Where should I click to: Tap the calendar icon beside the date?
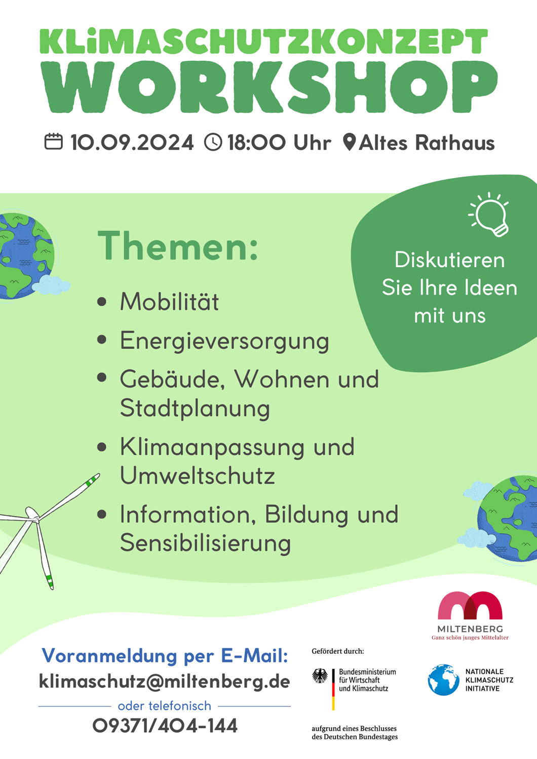click(54, 142)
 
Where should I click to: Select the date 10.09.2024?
click(132, 142)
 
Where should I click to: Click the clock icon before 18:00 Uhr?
click(213, 142)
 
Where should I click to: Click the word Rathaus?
click(455, 142)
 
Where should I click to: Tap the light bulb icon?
click(489, 214)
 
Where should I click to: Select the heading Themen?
click(178, 245)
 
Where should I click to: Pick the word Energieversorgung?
click(224, 342)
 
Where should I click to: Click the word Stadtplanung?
click(195, 409)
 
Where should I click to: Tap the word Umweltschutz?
click(198, 476)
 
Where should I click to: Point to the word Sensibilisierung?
click(206, 544)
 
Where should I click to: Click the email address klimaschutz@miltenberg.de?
click(165, 681)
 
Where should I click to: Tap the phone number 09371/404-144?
click(165, 726)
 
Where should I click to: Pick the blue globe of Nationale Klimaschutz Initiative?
click(443, 680)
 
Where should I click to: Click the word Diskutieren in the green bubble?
click(450, 260)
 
